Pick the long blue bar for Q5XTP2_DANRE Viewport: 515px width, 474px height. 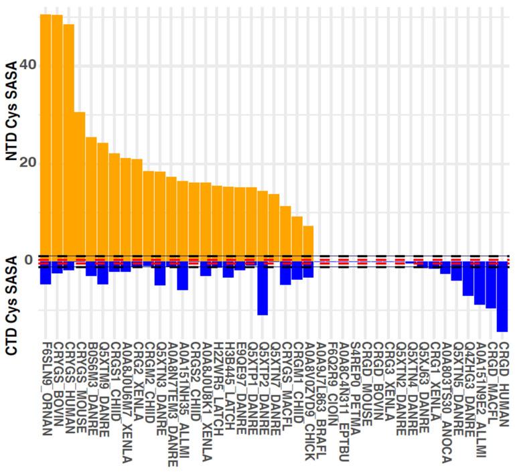point(263,288)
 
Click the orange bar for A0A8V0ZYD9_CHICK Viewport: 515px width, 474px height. point(308,241)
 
